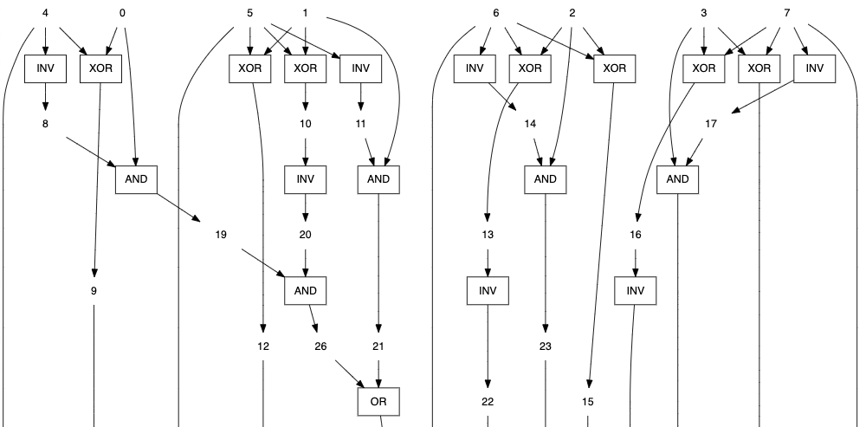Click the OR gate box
click(x=378, y=401)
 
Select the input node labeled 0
click(x=121, y=13)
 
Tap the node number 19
click(x=221, y=235)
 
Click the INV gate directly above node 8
click(x=45, y=68)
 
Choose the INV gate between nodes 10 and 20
click(x=306, y=179)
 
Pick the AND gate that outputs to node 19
click(x=136, y=179)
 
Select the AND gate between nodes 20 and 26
click(x=306, y=290)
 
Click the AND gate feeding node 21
click(x=378, y=179)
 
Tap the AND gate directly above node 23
click(x=545, y=179)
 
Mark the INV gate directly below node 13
click(x=488, y=290)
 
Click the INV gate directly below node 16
click(x=636, y=290)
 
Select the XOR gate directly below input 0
click(x=100, y=68)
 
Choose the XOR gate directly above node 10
click(x=306, y=68)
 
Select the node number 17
click(x=711, y=124)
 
